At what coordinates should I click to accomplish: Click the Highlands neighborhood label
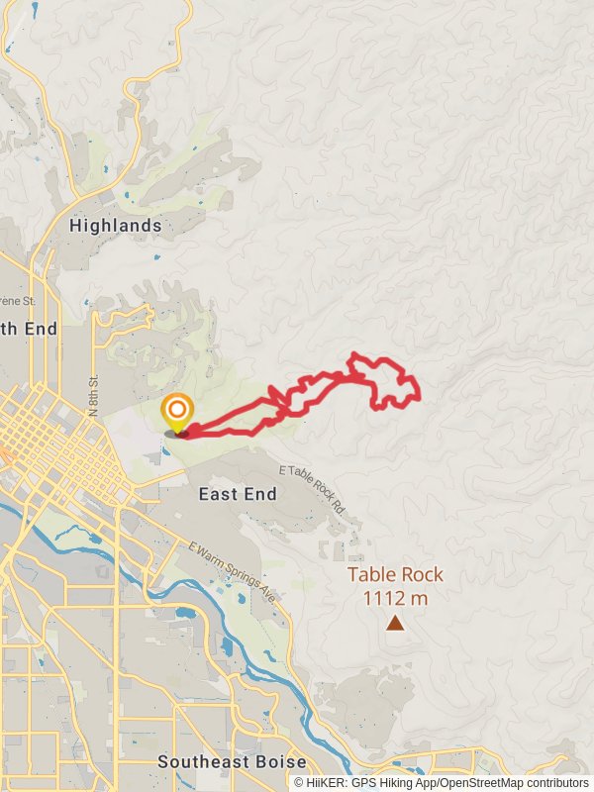point(116,226)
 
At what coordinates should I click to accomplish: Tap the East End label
point(237,494)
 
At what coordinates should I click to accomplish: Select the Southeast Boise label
point(232,762)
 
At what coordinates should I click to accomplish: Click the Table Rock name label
point(395,574)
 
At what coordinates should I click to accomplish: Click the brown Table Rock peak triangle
point(395,623)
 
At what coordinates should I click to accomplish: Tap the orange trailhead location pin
point(177,411)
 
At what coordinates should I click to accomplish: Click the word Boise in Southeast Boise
point(281,762)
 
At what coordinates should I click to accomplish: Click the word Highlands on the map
point(116,226)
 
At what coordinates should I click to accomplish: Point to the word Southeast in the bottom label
point(205,762)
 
